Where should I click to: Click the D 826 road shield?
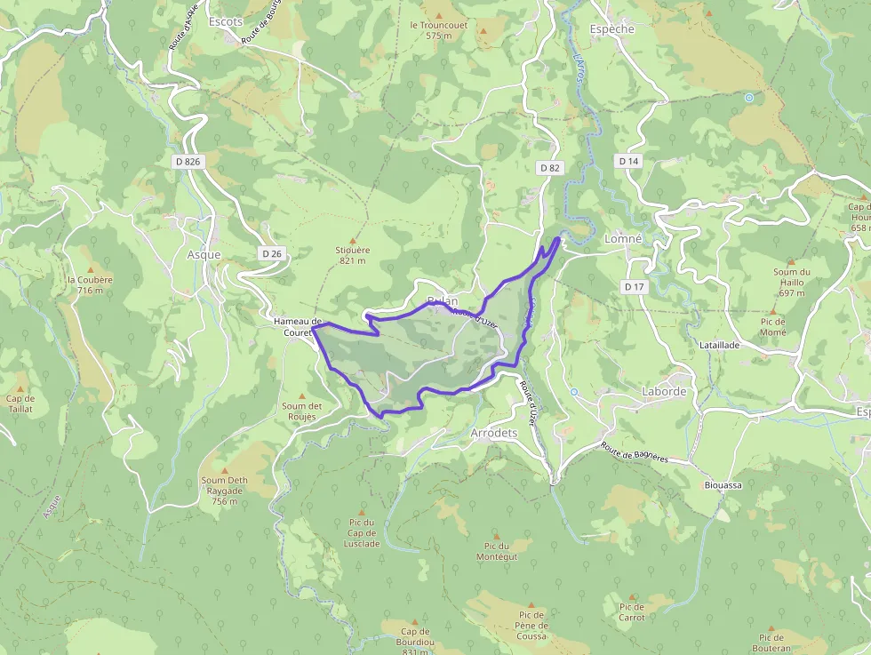(x=188, y=161)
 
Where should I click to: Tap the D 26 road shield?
(x=272, y=254)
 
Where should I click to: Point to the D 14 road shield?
(x=628, y=161)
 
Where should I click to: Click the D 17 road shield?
(x=634, y=286)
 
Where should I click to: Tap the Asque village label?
(x=204, y=254)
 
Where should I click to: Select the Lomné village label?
(x=623, y=239)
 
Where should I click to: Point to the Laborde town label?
(x=664, y=391)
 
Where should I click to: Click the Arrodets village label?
(x=493, y=433)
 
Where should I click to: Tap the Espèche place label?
(x=612, y=29)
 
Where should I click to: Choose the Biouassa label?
(x=723, y=485)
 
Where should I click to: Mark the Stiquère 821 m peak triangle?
(x=353, y=240)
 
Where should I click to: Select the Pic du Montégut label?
(x=496, y=551)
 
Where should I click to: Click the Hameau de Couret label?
(x=297, y=327)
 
